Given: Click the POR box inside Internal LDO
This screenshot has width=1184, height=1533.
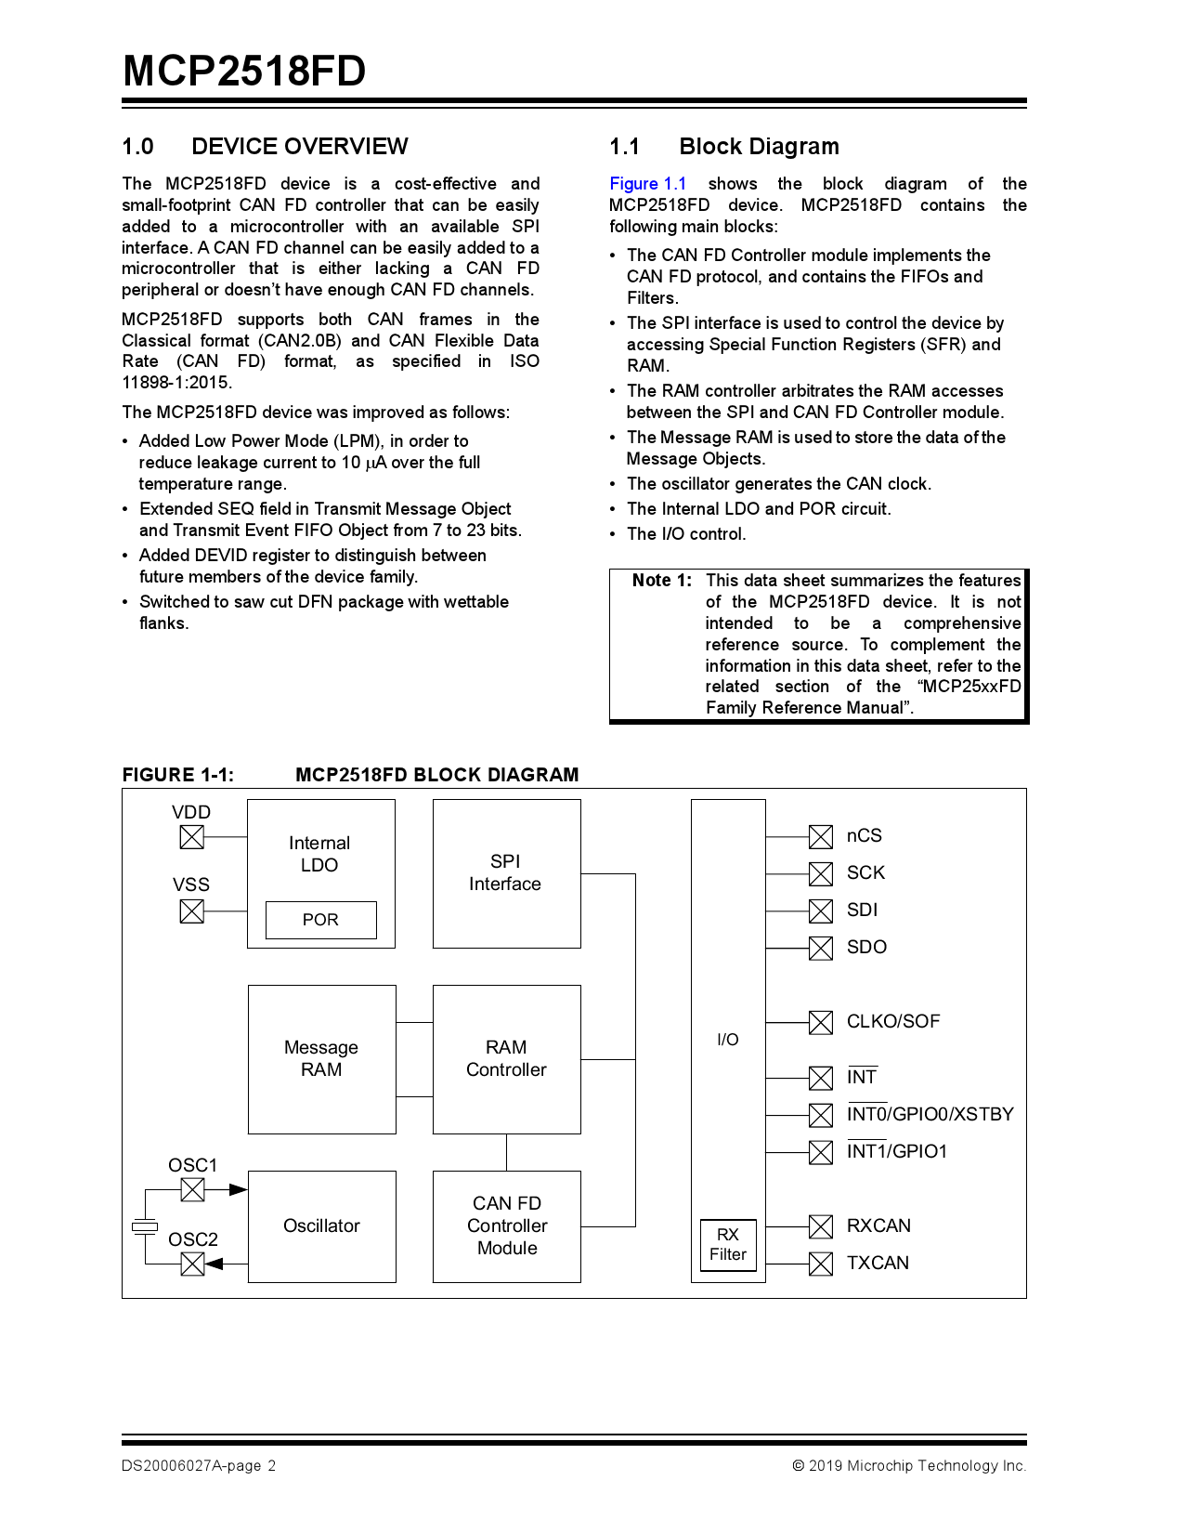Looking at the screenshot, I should [x=320, y=920].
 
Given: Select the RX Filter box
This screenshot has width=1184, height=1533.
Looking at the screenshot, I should [x=728, y=1244].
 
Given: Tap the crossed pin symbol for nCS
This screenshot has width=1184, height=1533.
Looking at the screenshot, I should [x=820, y=836].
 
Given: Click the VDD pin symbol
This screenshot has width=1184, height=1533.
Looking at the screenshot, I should [x=191, y=836].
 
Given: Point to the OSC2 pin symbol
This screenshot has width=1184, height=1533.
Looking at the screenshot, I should [x=192, y=1264].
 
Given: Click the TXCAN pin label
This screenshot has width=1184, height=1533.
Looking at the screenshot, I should [x=878, y=1263].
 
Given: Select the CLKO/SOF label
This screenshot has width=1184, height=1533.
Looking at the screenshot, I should [x=892, y=1021].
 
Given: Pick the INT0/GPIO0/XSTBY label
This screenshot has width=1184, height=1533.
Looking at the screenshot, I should [x=930, y=1114].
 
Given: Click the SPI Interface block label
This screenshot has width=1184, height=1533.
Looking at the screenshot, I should [x=505, y=872].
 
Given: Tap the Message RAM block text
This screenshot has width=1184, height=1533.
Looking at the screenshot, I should [x=321, y=1058].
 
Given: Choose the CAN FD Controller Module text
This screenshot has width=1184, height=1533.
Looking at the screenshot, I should [x=507, y=1225].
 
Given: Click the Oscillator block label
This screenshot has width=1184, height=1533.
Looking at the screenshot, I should [x=321, y=1225].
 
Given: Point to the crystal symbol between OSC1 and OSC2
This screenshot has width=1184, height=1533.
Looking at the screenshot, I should [x=145, y=1227].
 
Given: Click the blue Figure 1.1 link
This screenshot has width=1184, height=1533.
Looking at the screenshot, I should [x=647, y=184].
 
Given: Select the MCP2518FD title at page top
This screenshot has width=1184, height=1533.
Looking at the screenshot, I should [x=244, y=72].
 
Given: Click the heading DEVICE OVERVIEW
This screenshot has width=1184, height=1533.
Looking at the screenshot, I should [x=299, y=147].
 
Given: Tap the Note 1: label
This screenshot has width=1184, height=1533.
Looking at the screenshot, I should [x=661, y=581].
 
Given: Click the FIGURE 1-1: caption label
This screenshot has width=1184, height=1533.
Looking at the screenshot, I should [x=177, y=775].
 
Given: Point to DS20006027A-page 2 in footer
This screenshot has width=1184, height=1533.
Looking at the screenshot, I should [x=198, y=1465].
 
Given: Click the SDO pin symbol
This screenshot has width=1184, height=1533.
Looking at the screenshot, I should [x=820, y=948].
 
